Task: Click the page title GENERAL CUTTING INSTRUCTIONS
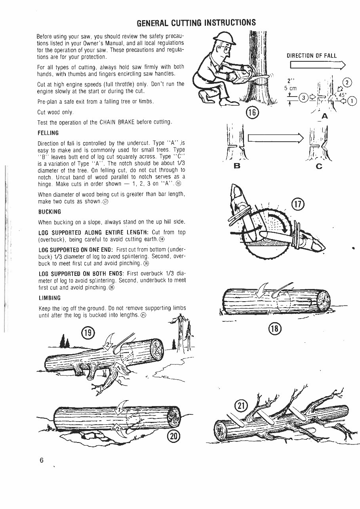(x=196, y=22)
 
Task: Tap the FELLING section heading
(x=48, y=133)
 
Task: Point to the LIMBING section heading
(x=49, y=298)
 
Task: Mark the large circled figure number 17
(x=297, y=205)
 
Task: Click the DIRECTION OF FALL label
(x=312, y=56)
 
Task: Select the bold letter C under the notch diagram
(x=319, y=166)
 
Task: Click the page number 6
(x=41, y=461)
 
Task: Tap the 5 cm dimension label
(x=290, y=88)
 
